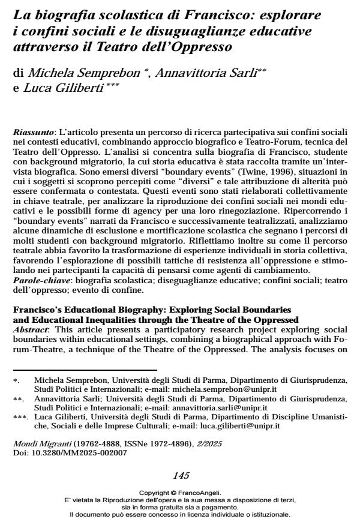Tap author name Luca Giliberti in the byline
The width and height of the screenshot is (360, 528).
(62, 90)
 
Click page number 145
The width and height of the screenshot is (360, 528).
(181, 476)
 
